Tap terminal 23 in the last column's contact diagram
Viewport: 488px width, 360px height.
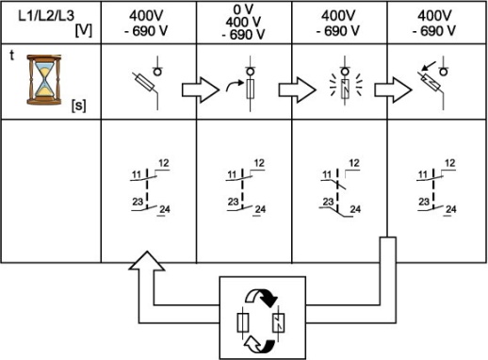pyautogui.click(x=417, y=199)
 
